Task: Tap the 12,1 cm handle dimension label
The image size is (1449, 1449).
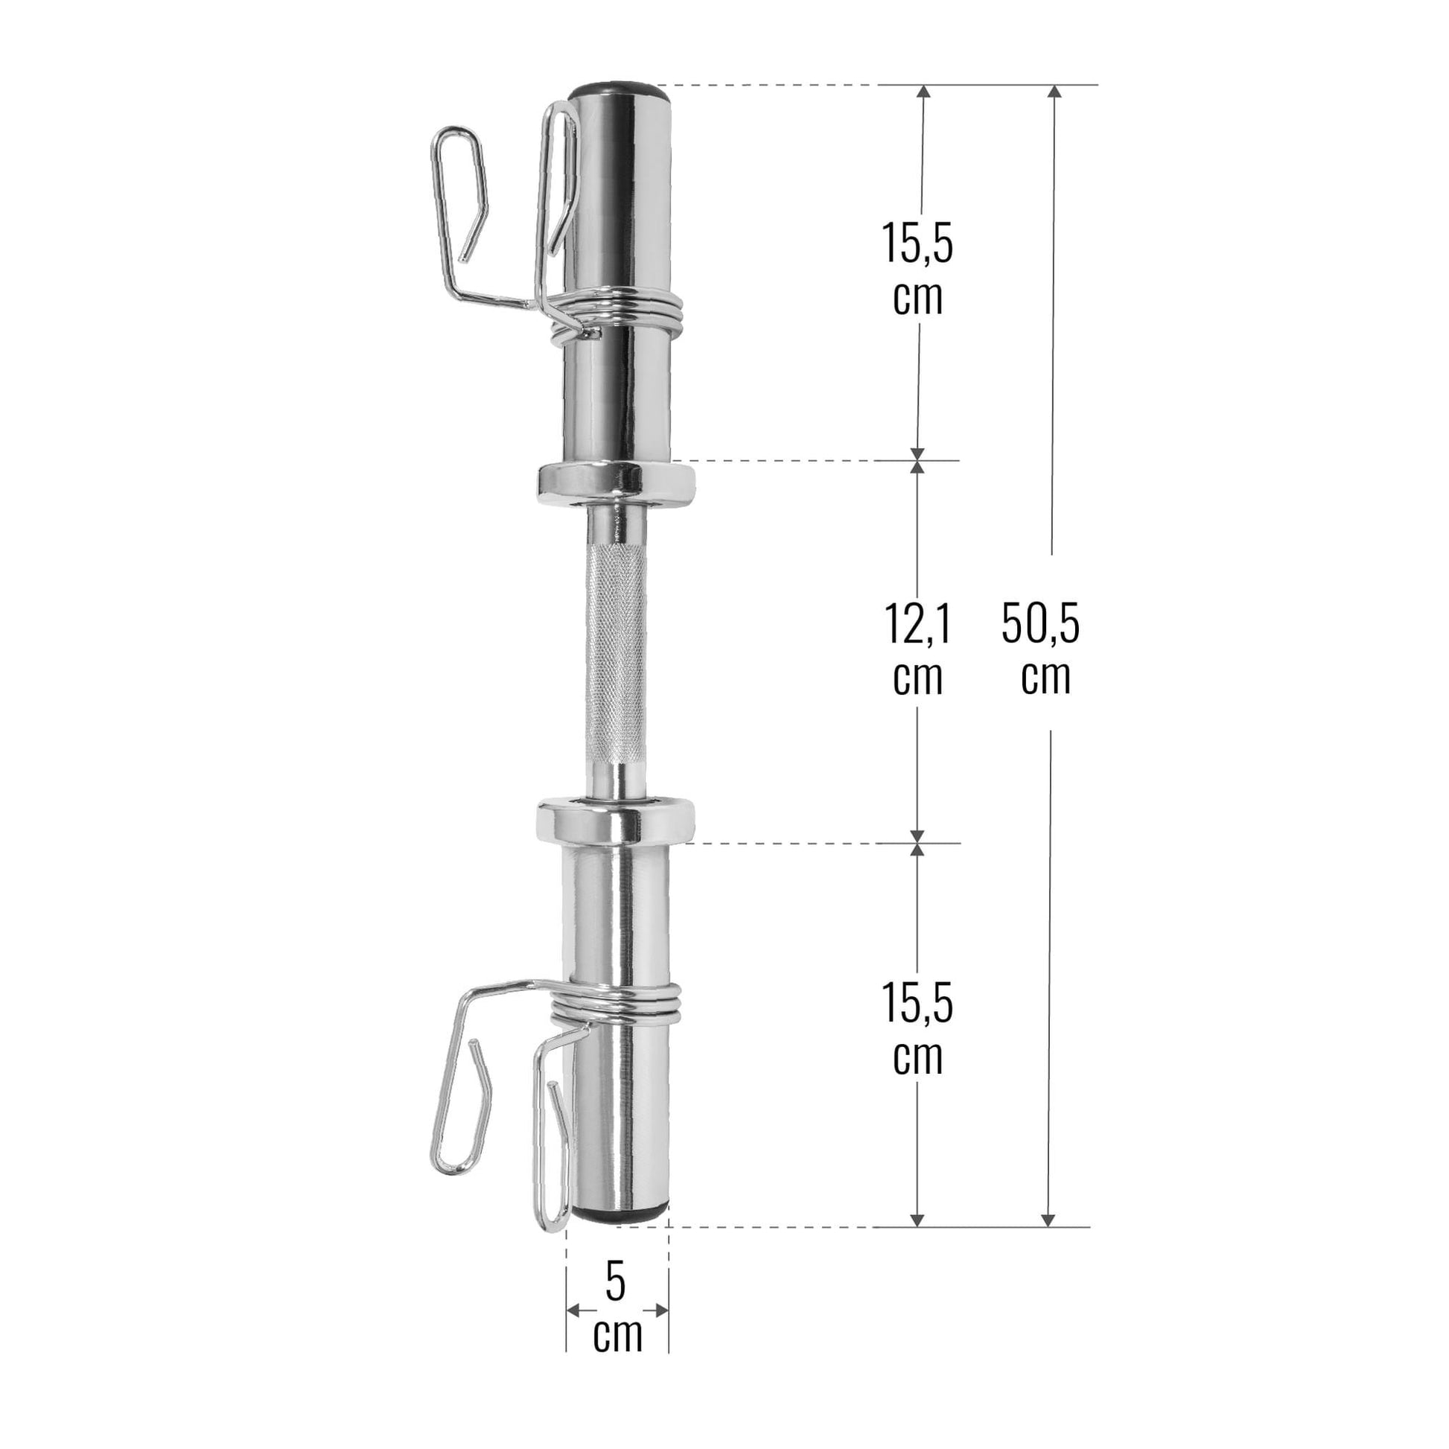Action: tap(918, 648)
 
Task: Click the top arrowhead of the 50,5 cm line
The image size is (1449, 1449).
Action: tap(1054, 92)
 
